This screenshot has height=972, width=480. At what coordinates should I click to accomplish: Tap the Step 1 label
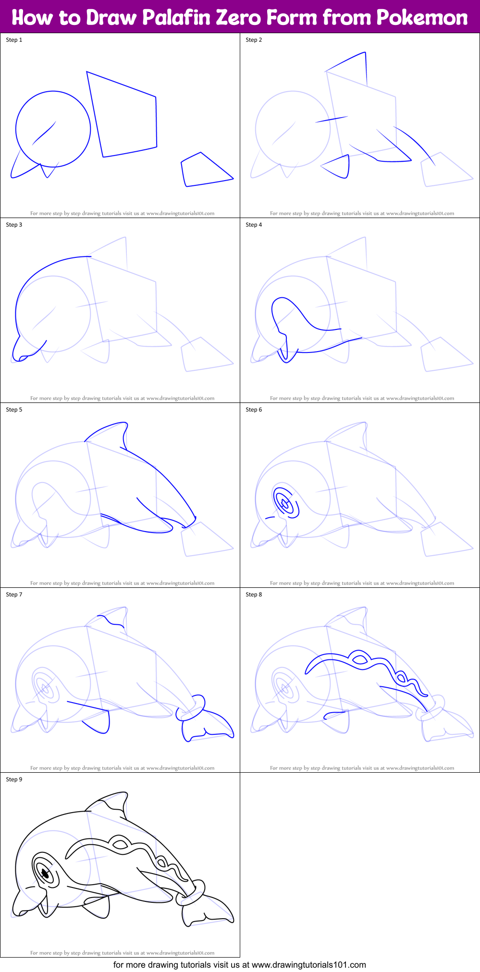coord(14,40)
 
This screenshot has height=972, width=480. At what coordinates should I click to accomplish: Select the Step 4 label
coord(254,225)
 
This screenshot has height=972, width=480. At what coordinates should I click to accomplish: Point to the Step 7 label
coord(14,595)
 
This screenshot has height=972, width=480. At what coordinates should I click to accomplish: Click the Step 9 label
coord(14,779)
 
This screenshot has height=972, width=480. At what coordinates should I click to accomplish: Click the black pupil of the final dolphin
coord(45,875)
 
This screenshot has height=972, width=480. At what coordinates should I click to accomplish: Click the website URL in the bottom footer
coord(308,964)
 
